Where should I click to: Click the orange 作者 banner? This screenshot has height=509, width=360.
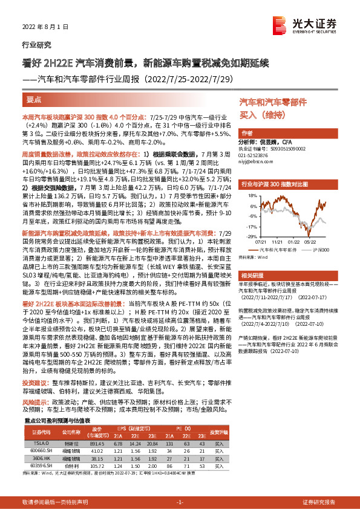pos(247,134)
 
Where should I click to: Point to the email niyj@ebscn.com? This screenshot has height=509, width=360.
pos(258,162)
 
